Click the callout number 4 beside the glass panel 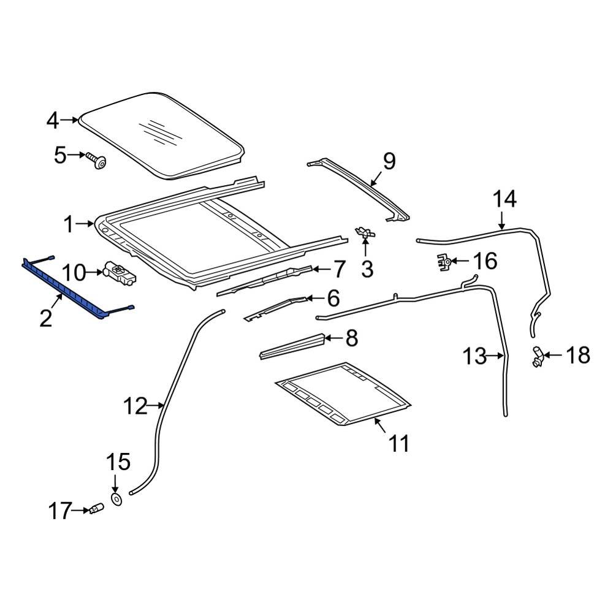[x=53, y=121]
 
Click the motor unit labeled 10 [x=120, y=272]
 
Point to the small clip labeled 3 [x=365, y=232]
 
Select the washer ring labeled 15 [x=116, y=500]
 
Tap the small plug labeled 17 [x=95, y=509]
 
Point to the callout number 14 [x=506, y=199]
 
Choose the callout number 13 [x=474, y=356]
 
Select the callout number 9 [x=389, y=161]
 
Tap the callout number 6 [x=332, y=299]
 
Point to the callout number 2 [x=46, y=318]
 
